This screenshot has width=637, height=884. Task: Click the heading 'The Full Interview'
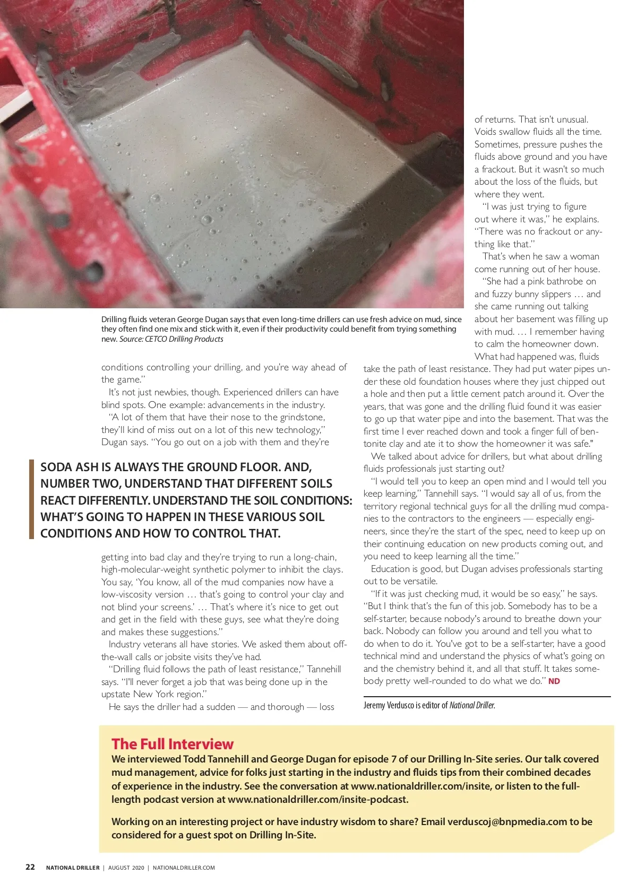pos(172,744)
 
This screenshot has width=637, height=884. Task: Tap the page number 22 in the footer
pos(30,867)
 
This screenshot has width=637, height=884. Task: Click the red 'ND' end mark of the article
pos(554,681)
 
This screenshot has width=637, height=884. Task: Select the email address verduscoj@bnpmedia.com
pos(507,821)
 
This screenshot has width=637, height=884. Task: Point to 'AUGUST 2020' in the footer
pos(126,868)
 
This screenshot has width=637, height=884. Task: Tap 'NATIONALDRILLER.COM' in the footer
pos(184,868)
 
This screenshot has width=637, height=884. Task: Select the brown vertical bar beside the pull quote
pos(31,499)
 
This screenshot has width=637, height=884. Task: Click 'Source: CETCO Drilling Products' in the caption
pos(171,339)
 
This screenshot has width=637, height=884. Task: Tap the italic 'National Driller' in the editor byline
pos(471,705)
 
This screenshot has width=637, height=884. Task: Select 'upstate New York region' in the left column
pos(152,694)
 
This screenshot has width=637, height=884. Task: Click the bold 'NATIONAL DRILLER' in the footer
pos(73,868)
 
